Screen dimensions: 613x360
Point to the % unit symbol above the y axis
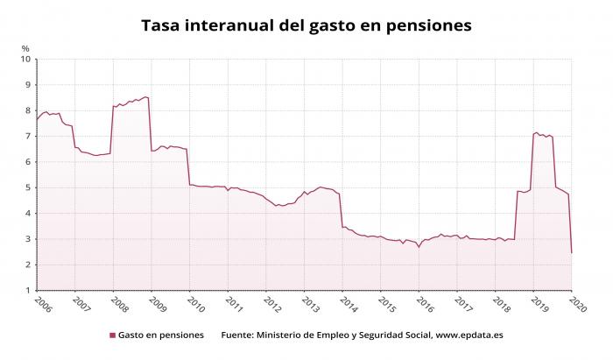(x=25, y=48)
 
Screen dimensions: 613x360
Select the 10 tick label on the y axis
(x=25, y=59)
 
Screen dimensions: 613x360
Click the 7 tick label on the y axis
(x=28, y=137)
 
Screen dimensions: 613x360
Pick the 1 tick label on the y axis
(x=28, y=291)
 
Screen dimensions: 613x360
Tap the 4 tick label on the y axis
(x=28, y=214)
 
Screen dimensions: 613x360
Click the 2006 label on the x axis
(x=43, y=305)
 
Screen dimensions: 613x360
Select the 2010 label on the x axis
(x=196, y=305)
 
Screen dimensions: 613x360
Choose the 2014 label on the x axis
(x=349, y=305)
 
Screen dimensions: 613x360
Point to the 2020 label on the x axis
(x=578, y=305)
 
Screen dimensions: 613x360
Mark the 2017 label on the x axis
(x=463, y=305)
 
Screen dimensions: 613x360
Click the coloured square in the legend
(x=113, y=335)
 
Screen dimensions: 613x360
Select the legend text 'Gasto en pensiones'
(x=161, y=335)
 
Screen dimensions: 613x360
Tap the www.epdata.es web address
(x=469, y=335)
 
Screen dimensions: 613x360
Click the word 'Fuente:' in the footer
(x=237, y=335)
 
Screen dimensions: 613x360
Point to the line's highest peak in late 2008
(x=145, y=97)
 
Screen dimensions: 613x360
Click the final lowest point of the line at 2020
(x=572, y=253)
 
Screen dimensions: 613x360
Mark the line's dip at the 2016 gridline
(x=419, y=247)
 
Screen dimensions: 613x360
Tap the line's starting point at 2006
(x=37, y=119)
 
